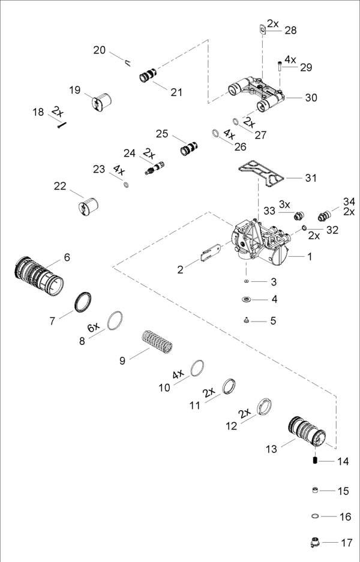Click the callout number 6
click(67, 257)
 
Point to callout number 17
click(347, 543)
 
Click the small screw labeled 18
click(62, 124)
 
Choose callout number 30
click(311, 98)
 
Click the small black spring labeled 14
click(314, 460)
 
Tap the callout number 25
click(161, 133)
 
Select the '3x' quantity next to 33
click(284, 205)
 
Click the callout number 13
click(271, 449)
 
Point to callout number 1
click(310, 257)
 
